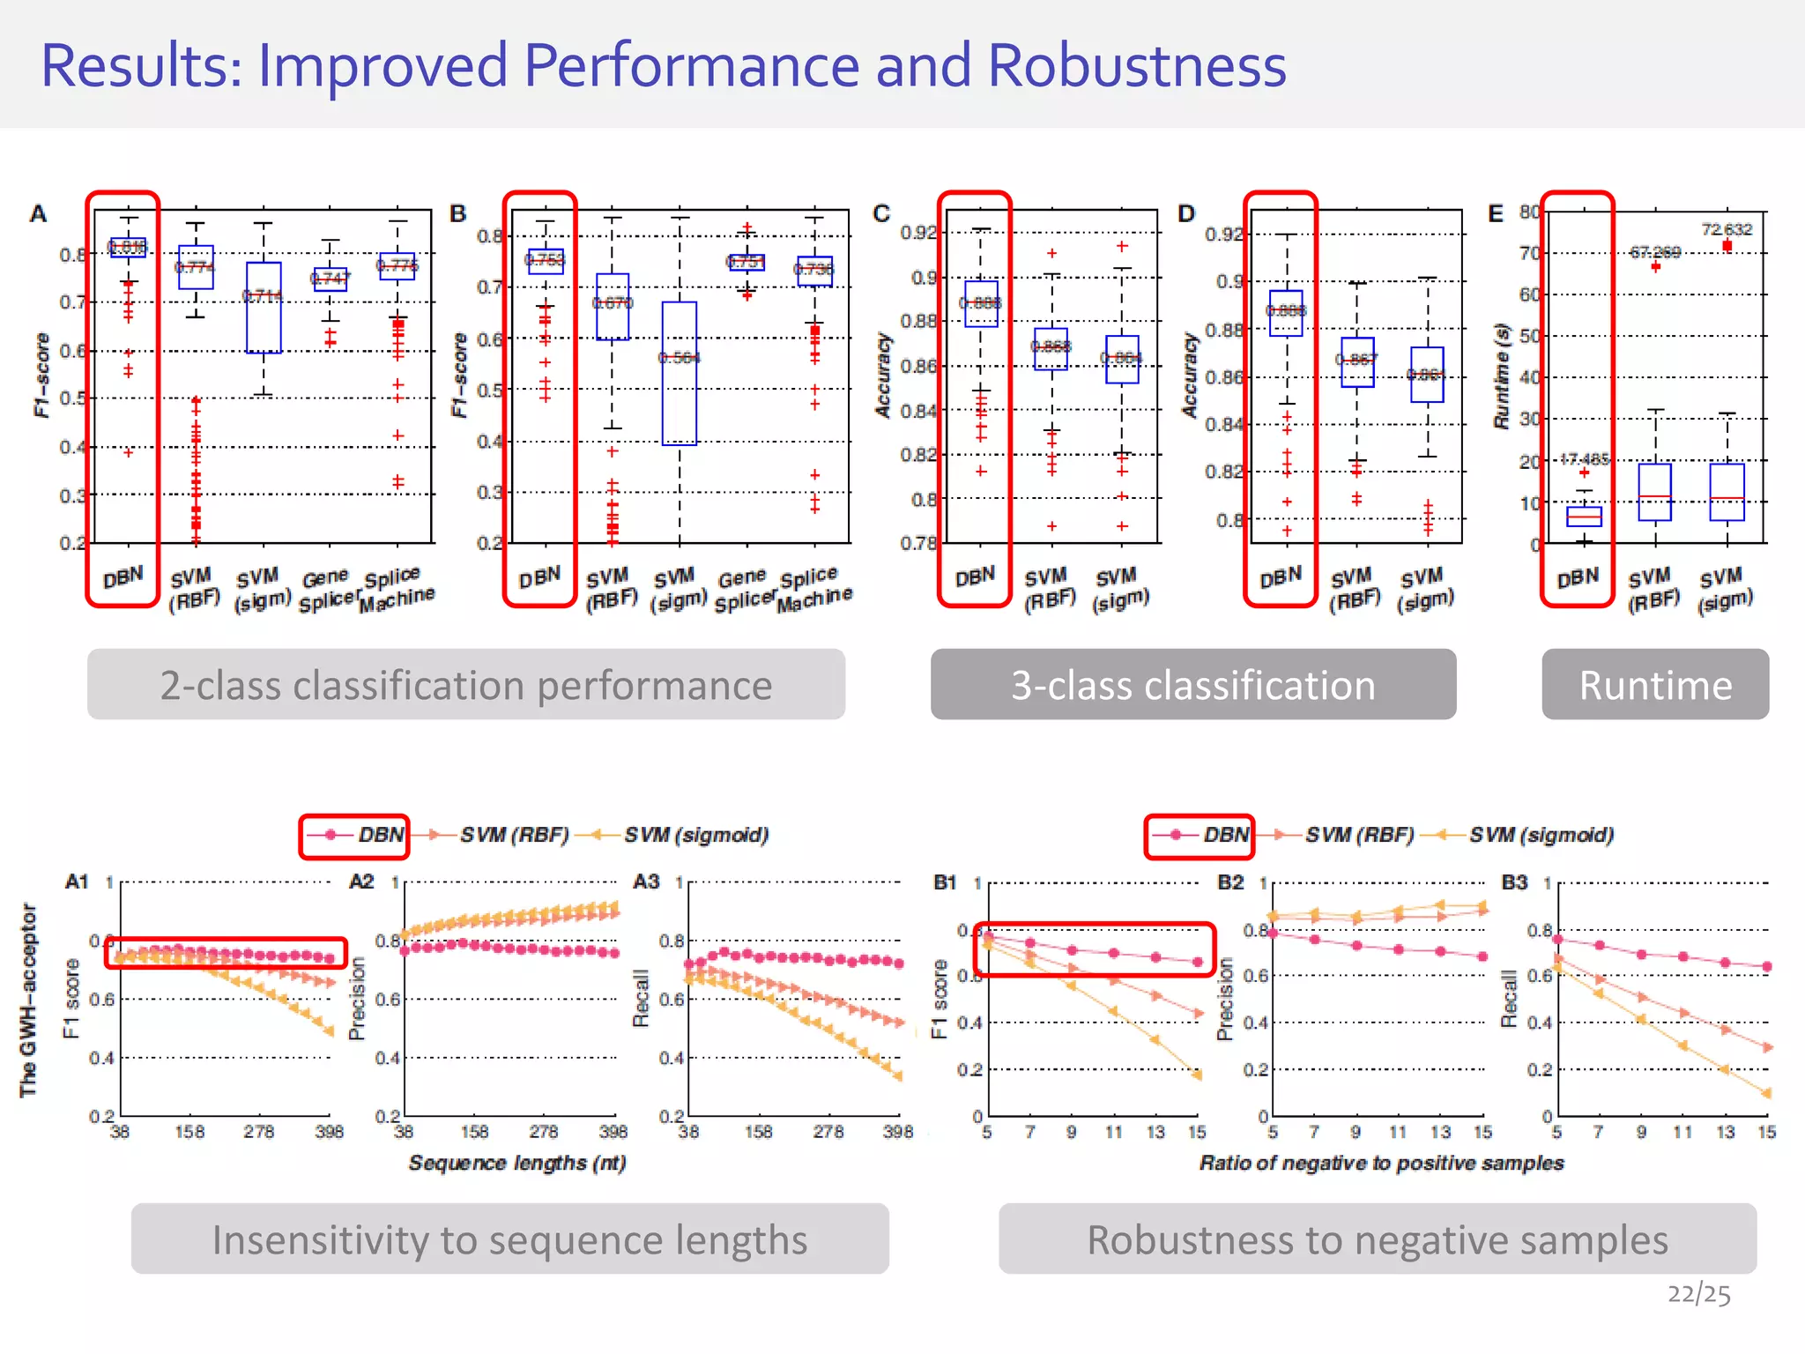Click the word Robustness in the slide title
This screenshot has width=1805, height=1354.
pyautogui.click(x=1136, y=66)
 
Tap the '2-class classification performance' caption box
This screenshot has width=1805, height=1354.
pyautogui.click(x=465, y=685)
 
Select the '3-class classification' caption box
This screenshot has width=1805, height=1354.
pyautogui.click(x=1192, y=685)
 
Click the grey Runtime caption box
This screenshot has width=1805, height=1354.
pyautogui.click(x=1654, y=685)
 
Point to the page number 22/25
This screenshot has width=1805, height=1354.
pyautogui.click(x=1698, y=1293)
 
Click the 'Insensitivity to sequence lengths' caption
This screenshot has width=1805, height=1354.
pyautogui.click(x=509, y=1239)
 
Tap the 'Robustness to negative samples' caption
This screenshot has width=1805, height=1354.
pyautogui.click(x=1377, y=1239)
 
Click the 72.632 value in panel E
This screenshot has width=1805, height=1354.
pyautogui.click(x=1726, y=230)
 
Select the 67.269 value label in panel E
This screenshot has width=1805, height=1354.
pyautogui.click(x=1654, y=252)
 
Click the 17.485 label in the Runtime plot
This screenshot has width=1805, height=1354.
pyautogui.click(x=1584, y=459)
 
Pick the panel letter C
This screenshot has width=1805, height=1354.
pyautogui.click(x=881, y=214)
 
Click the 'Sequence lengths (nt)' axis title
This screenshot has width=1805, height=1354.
pyautogui.click(x=517, y=1163)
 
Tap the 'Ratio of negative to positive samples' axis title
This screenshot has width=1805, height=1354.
pyautogui.click(x=1381, y=1163)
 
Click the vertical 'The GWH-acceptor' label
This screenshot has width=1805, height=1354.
pyautogui.click(x=28, y=1000)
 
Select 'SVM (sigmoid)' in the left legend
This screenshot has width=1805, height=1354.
pyautogui.click(x=696, y=835)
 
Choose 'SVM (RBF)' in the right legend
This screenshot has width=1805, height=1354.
pyautogui.click(x=1359, y=835)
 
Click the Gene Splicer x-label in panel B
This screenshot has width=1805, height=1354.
pyautogui.click(x=743, y=589)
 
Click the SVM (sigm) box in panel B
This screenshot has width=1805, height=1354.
pyautogui.click(x=680, y=373)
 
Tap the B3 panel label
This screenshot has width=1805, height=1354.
pyautogui.click(x=1514, y=882)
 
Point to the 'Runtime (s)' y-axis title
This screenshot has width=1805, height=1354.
pyautogui.click(x=1502, y=376)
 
